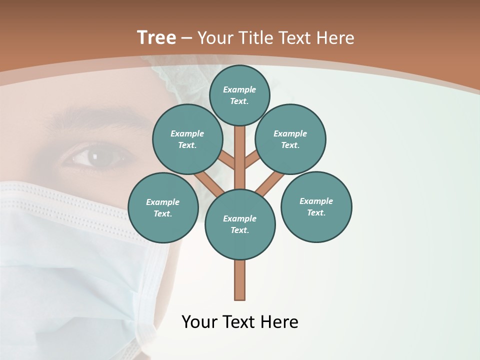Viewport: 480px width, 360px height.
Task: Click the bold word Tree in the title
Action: tap(156, 38)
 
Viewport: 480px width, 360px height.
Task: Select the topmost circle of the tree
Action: tap(239, 95)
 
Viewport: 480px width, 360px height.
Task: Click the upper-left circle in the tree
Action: tap(187, 139)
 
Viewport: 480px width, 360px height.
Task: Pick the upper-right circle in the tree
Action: tap(290, 139)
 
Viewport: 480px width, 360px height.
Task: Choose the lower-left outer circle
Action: tap(163, 207)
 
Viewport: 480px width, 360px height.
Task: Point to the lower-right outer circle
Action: tap(316, 206)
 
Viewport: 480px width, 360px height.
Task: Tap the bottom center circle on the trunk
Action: tap(240, 224)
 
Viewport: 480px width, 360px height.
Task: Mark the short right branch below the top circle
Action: tap(251, 160)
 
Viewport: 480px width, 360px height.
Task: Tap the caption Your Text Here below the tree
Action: tap(240, 322)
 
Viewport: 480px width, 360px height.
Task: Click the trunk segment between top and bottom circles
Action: tap(240, 157)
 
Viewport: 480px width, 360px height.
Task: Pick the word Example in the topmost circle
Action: tap(239, 89)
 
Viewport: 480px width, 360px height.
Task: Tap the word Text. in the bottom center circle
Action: tap(239, 230)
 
